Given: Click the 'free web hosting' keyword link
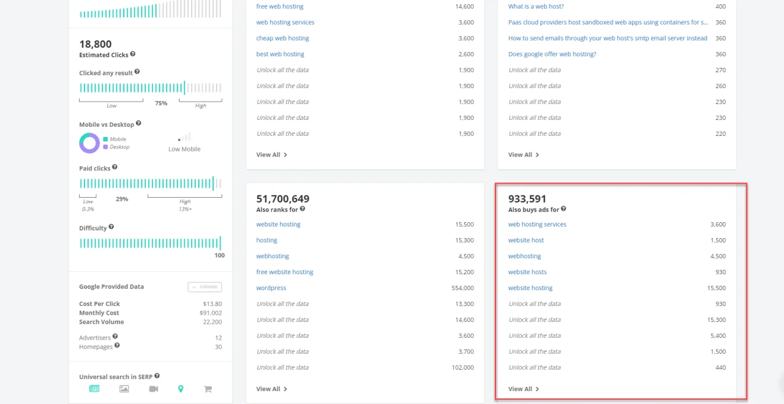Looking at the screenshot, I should (x=279, y=7).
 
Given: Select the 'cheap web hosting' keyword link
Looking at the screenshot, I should (x=282, y=39).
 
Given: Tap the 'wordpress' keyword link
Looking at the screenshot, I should (x=271, y=288).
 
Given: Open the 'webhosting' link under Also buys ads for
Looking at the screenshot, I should (x=524, y=256).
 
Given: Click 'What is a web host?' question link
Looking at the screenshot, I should (x=536, y=7).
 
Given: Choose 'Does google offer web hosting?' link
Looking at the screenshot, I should (x=552, y=54).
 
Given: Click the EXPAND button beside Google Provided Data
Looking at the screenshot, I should (x=205, y=287).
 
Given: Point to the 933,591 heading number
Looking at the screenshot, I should (x=527, y=199).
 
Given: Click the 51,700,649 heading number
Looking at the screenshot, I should (x=282, y=199).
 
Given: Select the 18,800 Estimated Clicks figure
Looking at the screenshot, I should (x=96, y=44).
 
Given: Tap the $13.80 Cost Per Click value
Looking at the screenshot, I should (x=212, y=304).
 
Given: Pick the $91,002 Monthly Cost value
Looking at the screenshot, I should (x=212, y=313).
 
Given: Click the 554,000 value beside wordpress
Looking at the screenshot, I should (x=462, y=288).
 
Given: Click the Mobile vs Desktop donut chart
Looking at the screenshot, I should (x=89, y=143).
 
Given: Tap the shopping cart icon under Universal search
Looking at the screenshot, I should (x=208, y=389).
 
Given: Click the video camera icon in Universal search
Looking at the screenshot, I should (x=153, y=389).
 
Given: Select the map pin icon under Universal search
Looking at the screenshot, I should (x=181, y=389).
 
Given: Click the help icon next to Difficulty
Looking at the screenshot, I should (x=111, y=227).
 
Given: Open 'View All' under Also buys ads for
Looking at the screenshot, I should (x=523, y=389).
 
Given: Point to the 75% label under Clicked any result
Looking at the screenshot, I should (x=161, y=103).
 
